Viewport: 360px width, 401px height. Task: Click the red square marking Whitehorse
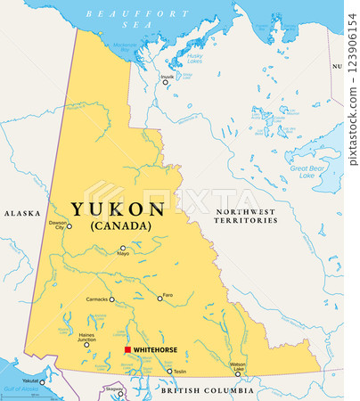click(127, 350)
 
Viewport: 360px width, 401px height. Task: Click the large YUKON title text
click(118, 209)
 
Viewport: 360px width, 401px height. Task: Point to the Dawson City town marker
click(70, 226)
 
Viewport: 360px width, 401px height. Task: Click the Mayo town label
click(123, 254)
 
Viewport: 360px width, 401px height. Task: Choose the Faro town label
click(168, 298)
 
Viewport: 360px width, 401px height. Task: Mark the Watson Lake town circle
click(238, 374)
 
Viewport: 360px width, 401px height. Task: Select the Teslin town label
click(180, 372)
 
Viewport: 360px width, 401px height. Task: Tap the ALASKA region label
click(22, 215)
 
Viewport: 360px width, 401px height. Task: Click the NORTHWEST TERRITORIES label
click(246, 217)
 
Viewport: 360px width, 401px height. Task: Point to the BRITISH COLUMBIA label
click(207, 390)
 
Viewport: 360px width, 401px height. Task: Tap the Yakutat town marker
click(42, 381)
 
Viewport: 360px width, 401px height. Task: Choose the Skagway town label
click(115, 389)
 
